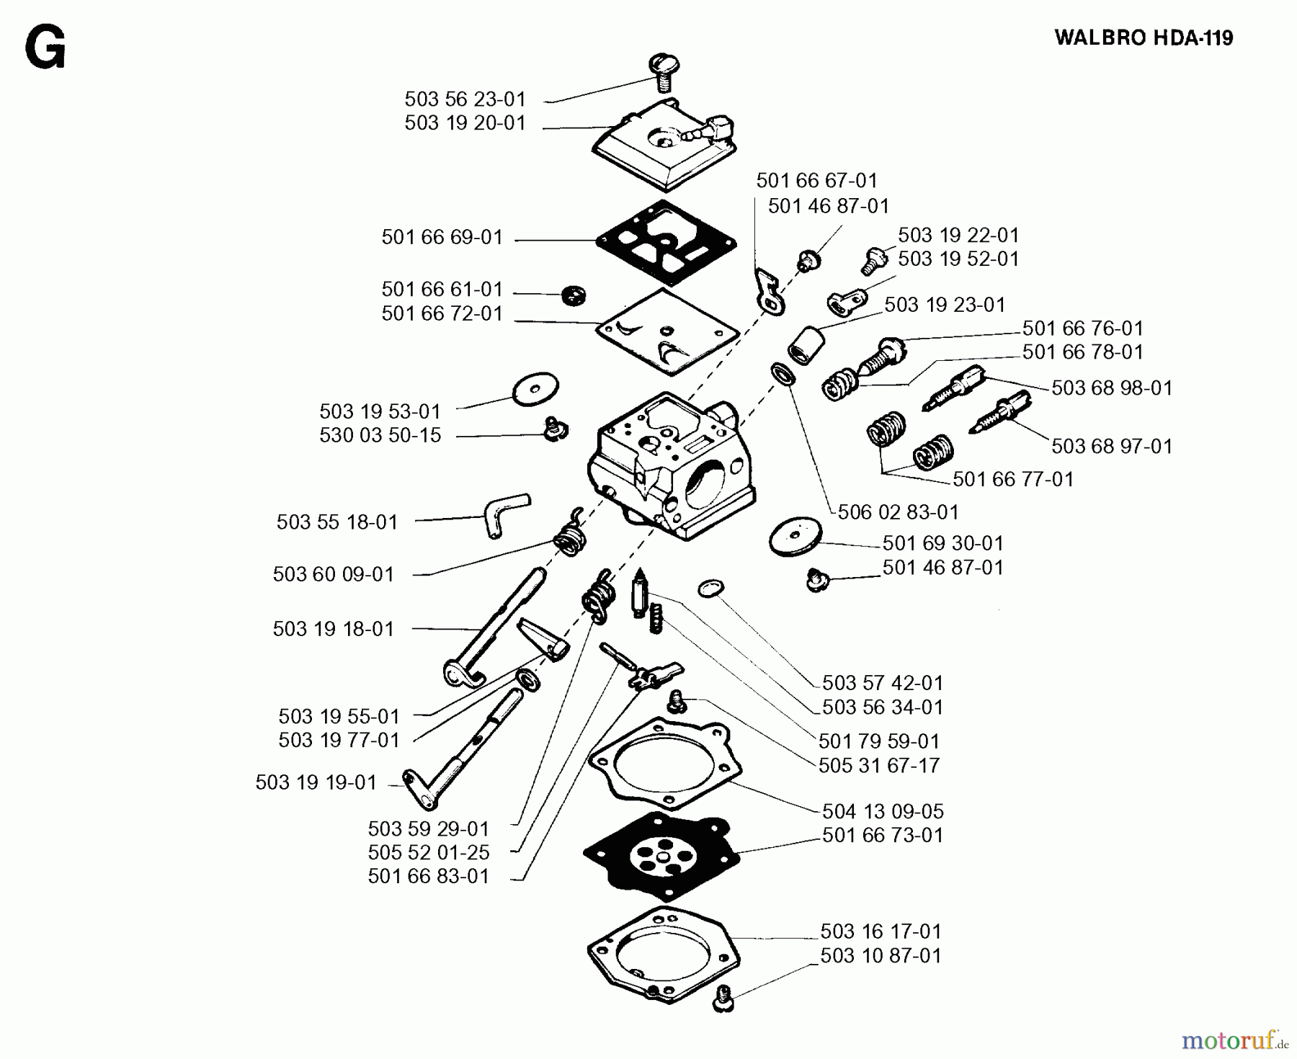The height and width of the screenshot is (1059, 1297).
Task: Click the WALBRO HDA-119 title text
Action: [1144, 37]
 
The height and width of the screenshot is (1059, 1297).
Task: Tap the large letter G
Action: [45, 49]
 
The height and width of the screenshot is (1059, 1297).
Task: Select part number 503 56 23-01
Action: [465, 99]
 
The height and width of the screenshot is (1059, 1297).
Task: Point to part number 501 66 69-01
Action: [442, 237]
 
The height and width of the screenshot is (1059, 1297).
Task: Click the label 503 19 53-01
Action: [380, 411]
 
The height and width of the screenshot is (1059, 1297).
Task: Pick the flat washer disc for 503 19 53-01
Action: [535, 389]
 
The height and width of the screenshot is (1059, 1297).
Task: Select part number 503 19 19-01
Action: [316, 782]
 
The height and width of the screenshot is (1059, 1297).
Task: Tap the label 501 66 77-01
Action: [1012, 479]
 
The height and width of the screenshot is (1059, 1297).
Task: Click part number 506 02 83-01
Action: [898, 512]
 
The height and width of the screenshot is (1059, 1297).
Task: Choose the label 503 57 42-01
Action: [882, 682]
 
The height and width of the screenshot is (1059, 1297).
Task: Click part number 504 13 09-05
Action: [882, 811]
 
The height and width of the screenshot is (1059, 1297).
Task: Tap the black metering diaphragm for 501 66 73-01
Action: [661, 855]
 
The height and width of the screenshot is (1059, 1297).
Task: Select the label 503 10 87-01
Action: [881, 955]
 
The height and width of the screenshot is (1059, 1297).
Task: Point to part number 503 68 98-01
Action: [1111, 388]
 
